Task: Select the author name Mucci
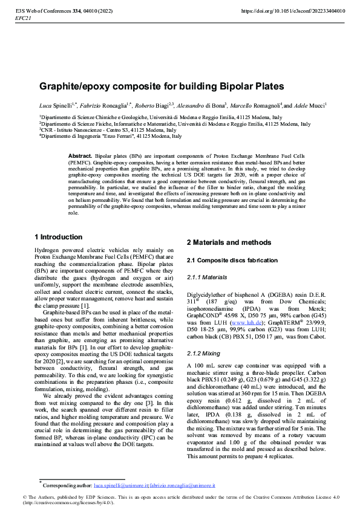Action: click(x=316, y=105)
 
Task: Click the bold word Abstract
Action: click(x=80, y=156)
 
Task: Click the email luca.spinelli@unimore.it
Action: click(x=123, y=485)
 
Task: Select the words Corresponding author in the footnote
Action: click(x=66, y=485)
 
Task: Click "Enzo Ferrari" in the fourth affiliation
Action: click(x=121, y=136)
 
